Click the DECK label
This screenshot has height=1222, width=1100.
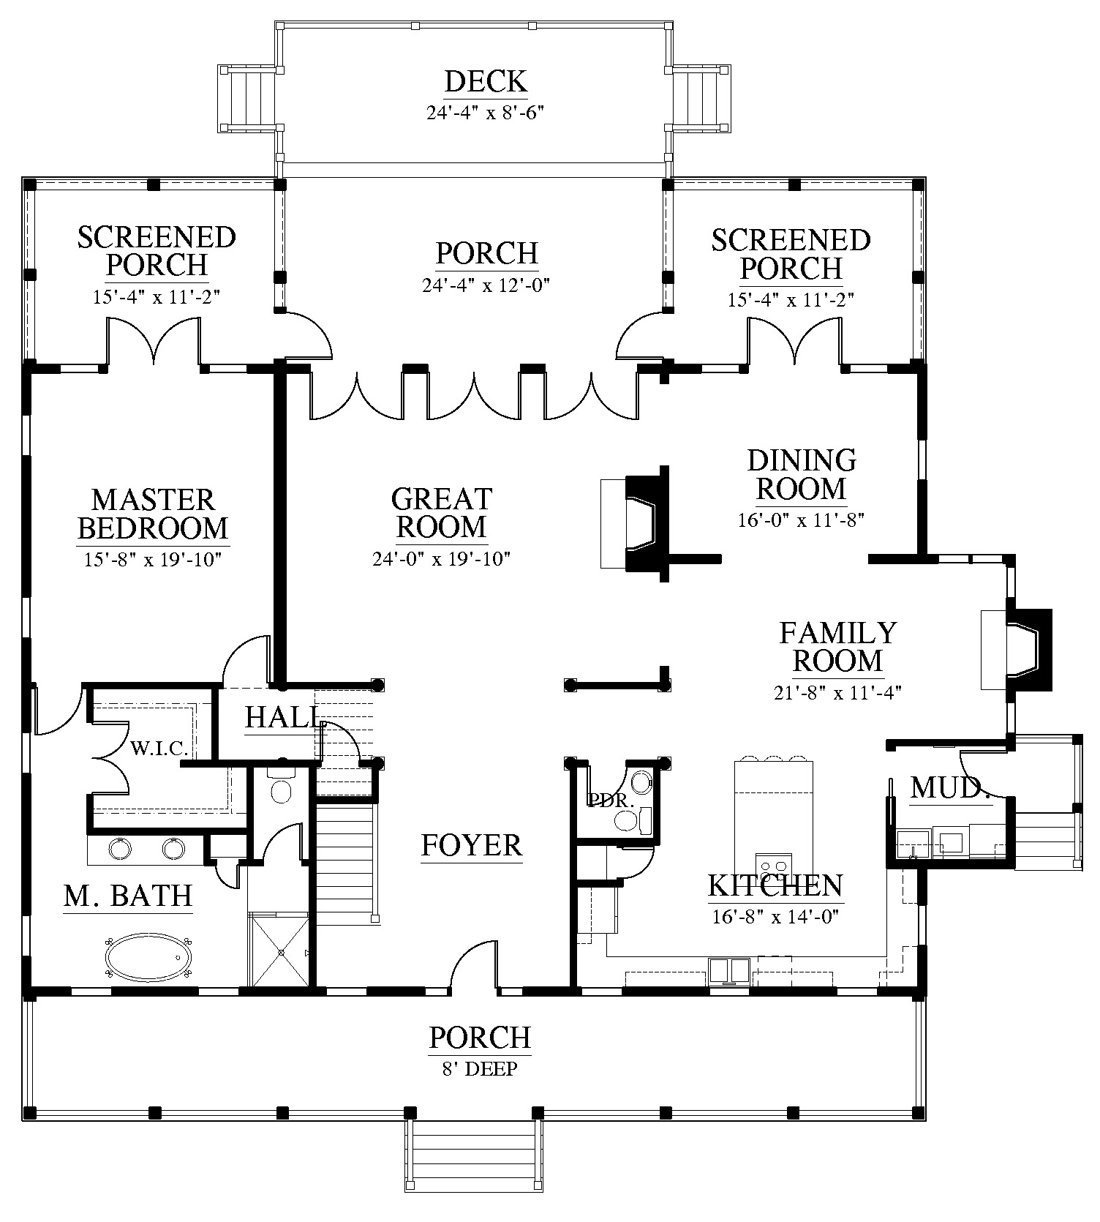(486, 81)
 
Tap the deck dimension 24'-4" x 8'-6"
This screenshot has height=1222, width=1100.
(486, 113)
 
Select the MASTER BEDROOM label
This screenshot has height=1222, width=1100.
(153, 514)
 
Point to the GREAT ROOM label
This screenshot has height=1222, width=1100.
(441, 512)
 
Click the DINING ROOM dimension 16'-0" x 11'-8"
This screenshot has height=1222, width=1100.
(802, 520)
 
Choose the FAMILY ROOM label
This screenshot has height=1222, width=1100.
(837, 646)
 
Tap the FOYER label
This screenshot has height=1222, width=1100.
(472, 845)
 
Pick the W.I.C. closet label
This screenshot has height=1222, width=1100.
(159, 748)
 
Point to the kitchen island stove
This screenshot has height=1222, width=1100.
(774, 867)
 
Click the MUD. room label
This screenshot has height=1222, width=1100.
(950, 788)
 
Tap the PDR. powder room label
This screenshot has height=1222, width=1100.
(611, 801)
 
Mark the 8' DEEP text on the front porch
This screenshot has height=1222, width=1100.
(480, 1069)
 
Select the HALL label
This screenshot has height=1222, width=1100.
(282, 718)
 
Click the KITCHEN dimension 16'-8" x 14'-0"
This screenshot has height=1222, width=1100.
(775, 916)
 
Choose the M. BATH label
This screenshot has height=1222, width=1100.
(128, 896)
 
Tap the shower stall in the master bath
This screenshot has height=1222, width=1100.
(280, 950)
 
